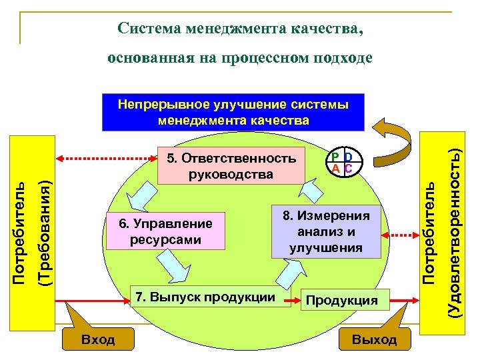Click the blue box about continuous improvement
coord(233,111)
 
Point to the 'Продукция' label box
coord(341,301)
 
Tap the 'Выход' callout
coord(374,339)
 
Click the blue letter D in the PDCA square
coord(348,157)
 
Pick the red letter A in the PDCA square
coord(337,168)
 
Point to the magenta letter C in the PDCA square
coord(348,168)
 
